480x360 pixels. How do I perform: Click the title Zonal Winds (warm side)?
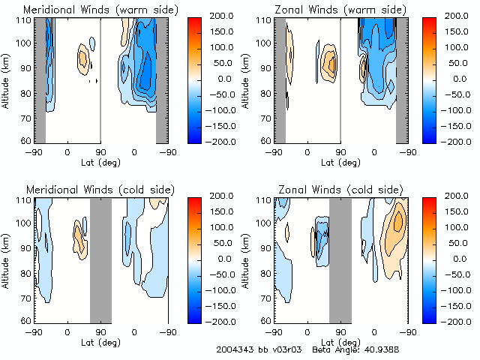332,9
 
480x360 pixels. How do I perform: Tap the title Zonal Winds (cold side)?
332,189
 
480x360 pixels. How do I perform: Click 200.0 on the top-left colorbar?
224,16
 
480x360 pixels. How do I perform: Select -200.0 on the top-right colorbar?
457,140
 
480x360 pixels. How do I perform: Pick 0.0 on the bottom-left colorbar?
224,258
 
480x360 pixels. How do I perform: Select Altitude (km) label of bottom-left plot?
6,259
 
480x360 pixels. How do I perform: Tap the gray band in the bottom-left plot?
100,259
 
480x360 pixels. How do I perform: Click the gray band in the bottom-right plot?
340,259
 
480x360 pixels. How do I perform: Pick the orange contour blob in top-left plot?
82,57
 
